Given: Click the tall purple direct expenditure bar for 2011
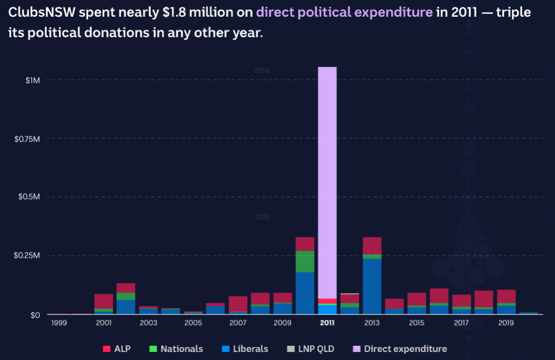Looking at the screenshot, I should tap(327, 180).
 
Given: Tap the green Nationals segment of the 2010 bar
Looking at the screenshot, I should tap(305, 261).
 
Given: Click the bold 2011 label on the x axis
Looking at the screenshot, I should tap(327, 323).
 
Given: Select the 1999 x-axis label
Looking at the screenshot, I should tap(59, 323).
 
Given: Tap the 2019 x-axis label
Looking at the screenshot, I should tap(506, 323).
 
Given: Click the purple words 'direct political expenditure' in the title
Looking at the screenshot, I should tap(345, 12).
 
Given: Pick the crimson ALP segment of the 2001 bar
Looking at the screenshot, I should tap(104, 301).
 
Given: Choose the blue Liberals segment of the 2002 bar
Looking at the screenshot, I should tap(126, 307).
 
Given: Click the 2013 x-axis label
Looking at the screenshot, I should tap(372, 323).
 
